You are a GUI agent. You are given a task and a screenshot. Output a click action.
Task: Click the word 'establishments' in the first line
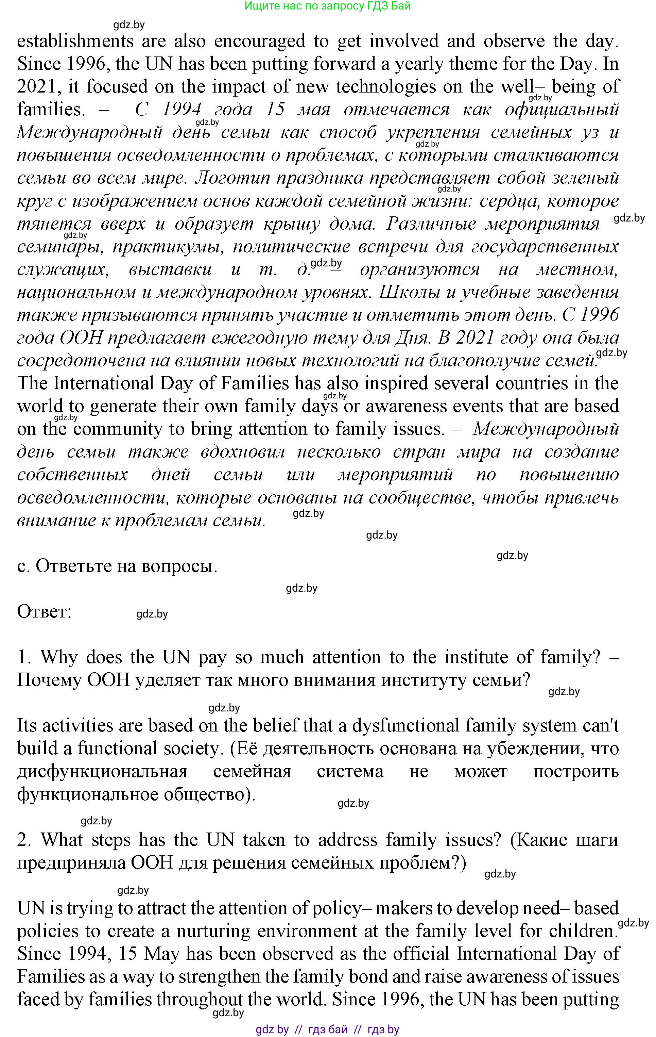75,42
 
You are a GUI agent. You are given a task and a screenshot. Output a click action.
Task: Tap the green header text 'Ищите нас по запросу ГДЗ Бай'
327,6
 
